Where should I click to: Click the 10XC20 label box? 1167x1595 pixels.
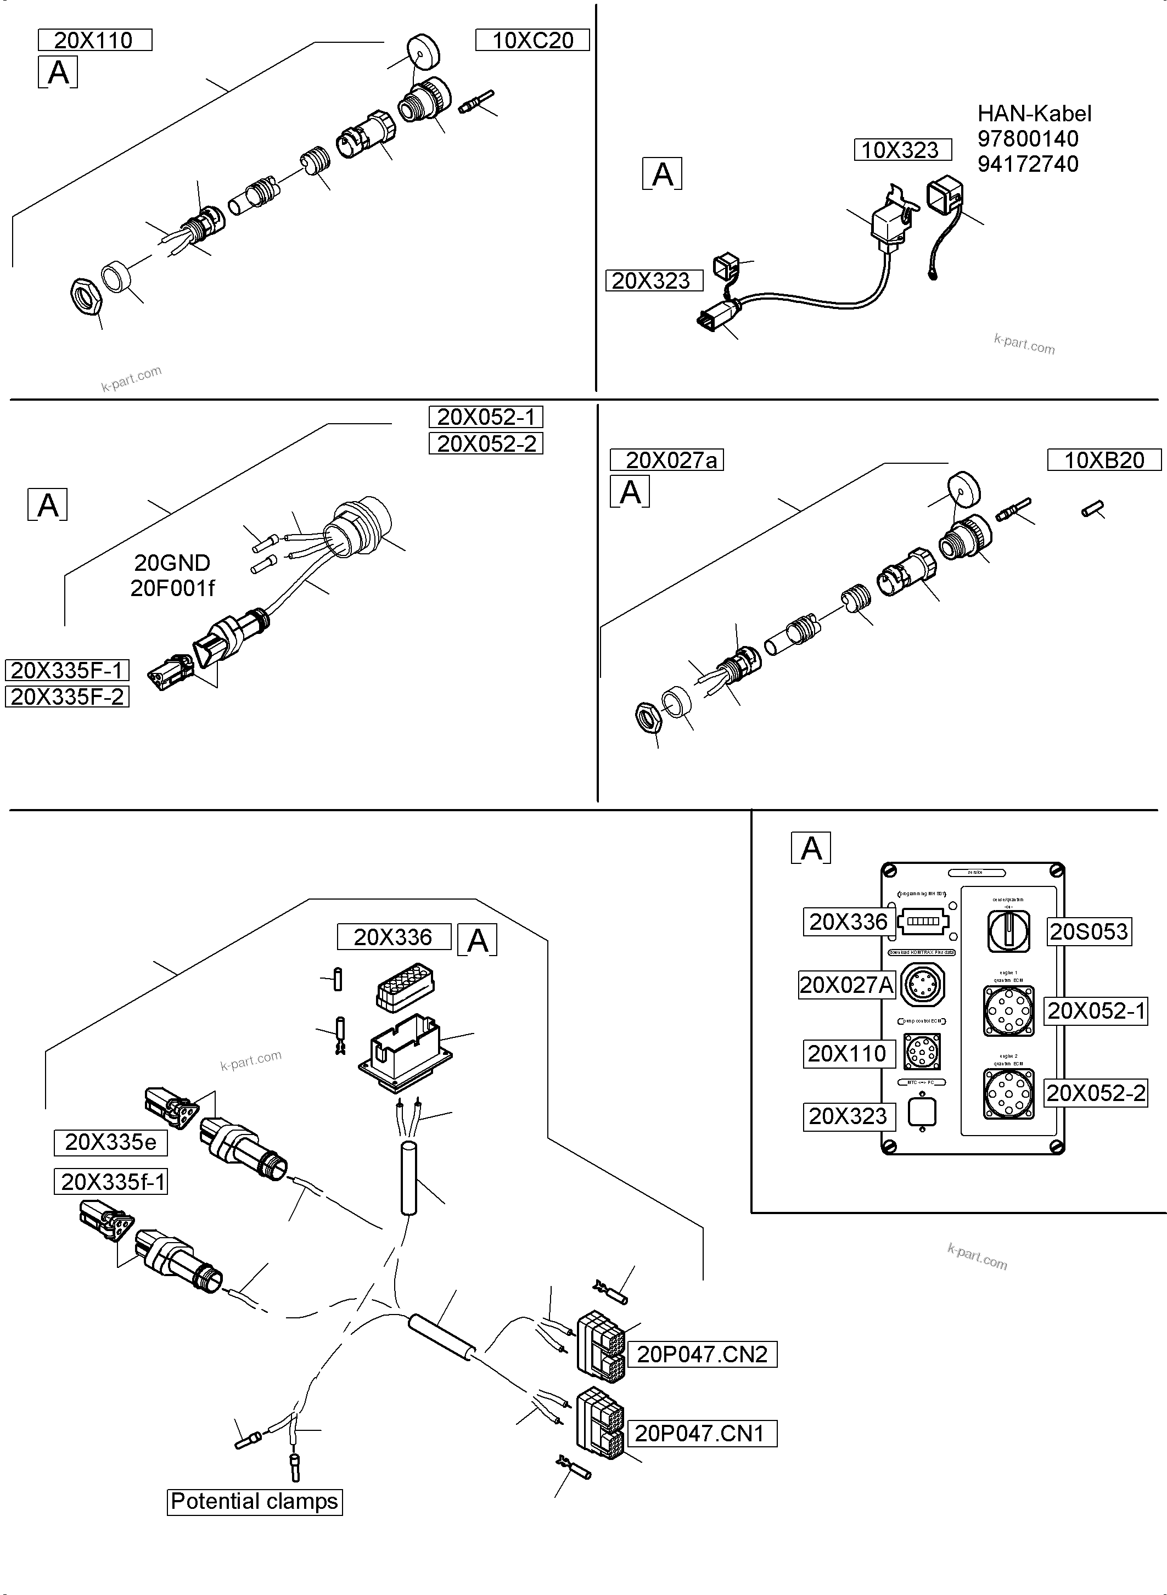(532, 40)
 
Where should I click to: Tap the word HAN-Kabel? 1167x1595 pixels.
(1034, 114)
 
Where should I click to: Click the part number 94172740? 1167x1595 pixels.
(1027, 164)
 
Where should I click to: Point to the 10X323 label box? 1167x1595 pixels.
(902, 150)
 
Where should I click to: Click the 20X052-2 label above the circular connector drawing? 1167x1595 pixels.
(486, 443)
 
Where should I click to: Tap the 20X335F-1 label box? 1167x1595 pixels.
(67, 670)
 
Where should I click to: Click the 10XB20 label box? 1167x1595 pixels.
(1103, 460)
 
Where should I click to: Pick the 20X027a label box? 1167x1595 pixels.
(666, 460)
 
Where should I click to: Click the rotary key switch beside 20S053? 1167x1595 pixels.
(1008, 930)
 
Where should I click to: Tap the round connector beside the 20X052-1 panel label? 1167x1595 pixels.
(1008, 1011)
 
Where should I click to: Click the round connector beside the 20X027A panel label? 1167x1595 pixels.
(923, 985)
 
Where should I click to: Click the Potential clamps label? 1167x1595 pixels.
(254, 1501)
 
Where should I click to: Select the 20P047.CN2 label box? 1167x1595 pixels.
(702, 1354)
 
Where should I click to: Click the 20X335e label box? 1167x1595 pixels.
(110, 1142)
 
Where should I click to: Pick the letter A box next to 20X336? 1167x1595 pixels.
(478, 940)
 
